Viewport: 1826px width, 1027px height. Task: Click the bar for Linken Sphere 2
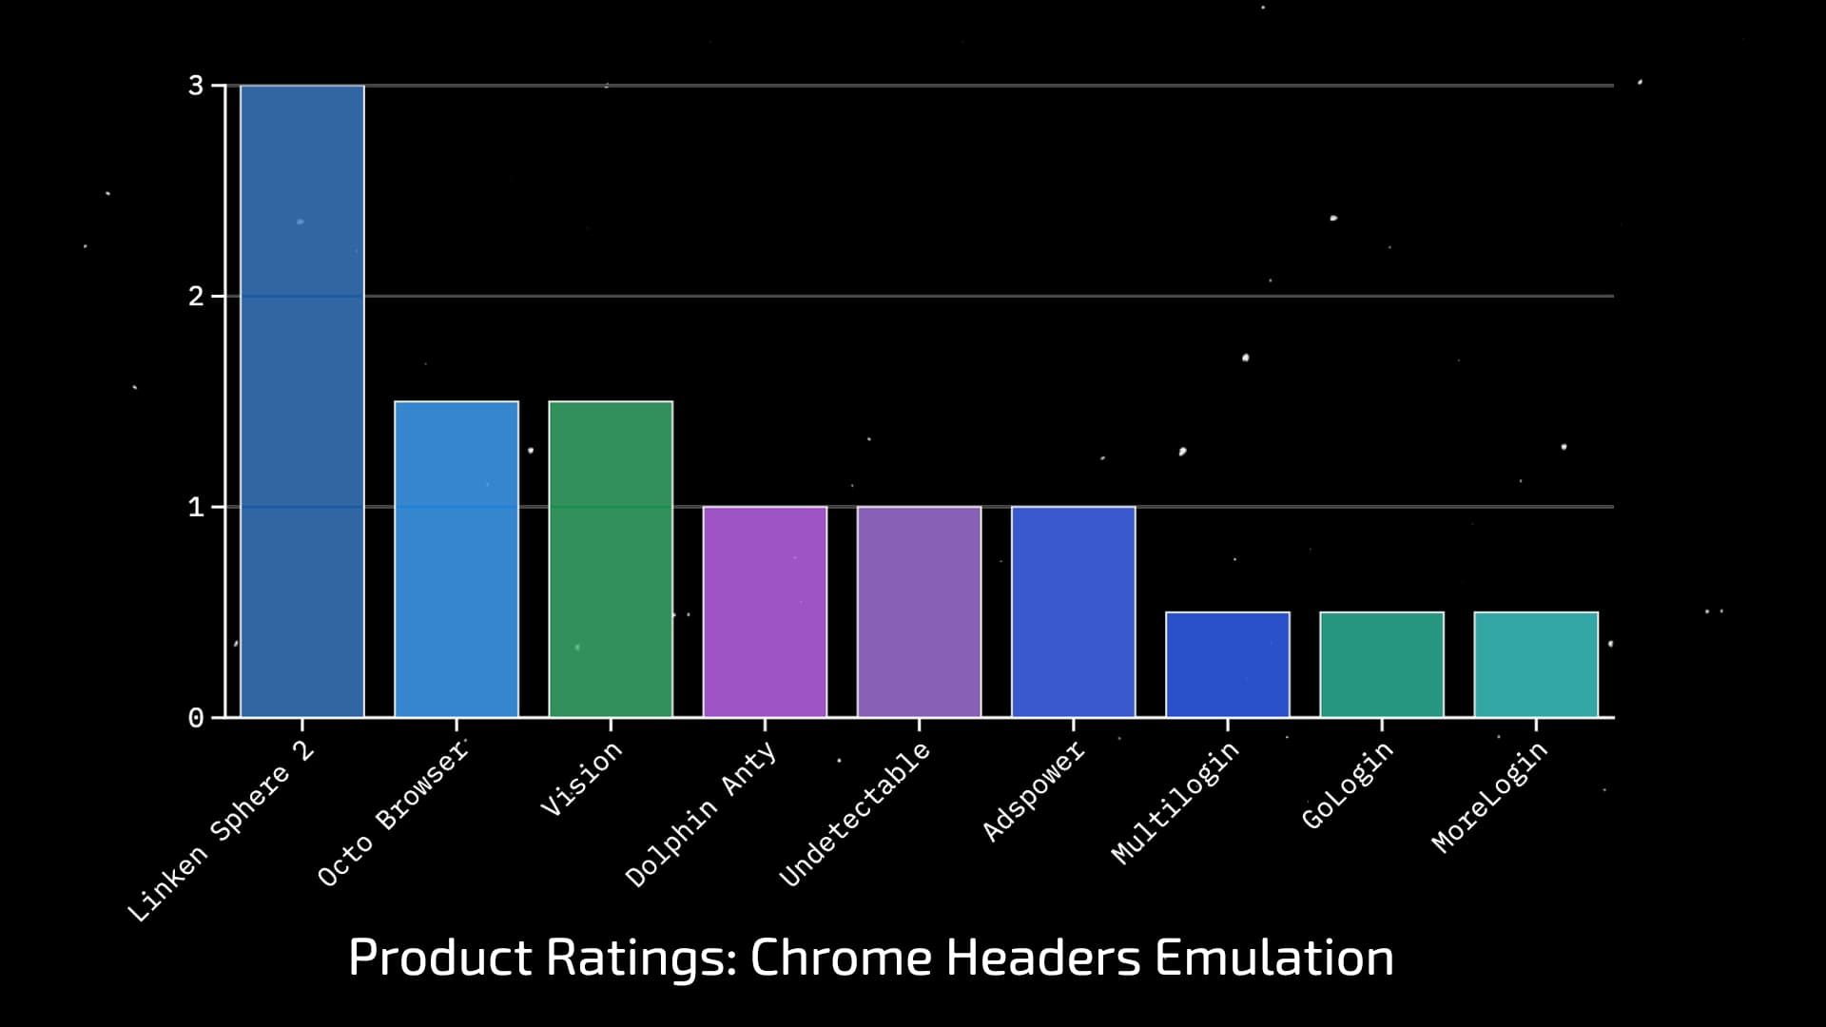point(302,400)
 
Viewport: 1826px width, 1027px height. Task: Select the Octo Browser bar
point(456,559)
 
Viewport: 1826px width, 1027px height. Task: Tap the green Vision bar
point(611,559)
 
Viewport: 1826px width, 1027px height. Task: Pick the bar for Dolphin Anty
point(765,611)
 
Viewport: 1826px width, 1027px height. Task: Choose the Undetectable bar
point(919,611)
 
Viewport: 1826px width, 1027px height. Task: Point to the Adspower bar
point(1073,611)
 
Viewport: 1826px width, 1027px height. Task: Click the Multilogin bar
point(1228,665)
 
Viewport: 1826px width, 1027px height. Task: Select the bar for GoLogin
point(1382,665)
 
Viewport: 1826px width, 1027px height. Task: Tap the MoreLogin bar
point(1536,665)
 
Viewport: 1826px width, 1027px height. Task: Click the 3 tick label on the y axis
point(196,86)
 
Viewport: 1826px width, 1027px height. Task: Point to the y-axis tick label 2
point(196,297)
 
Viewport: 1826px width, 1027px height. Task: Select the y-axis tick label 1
point(196,507)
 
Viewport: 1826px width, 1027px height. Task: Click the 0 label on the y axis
point(196,718)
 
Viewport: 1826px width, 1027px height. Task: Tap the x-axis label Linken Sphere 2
point(221,831)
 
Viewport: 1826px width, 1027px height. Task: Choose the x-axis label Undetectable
point(854,815)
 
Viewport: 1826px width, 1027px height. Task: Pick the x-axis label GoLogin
point(1347,785)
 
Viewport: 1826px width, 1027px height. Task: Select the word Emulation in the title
point(1273,958)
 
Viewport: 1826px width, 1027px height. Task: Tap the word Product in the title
point(440,958)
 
